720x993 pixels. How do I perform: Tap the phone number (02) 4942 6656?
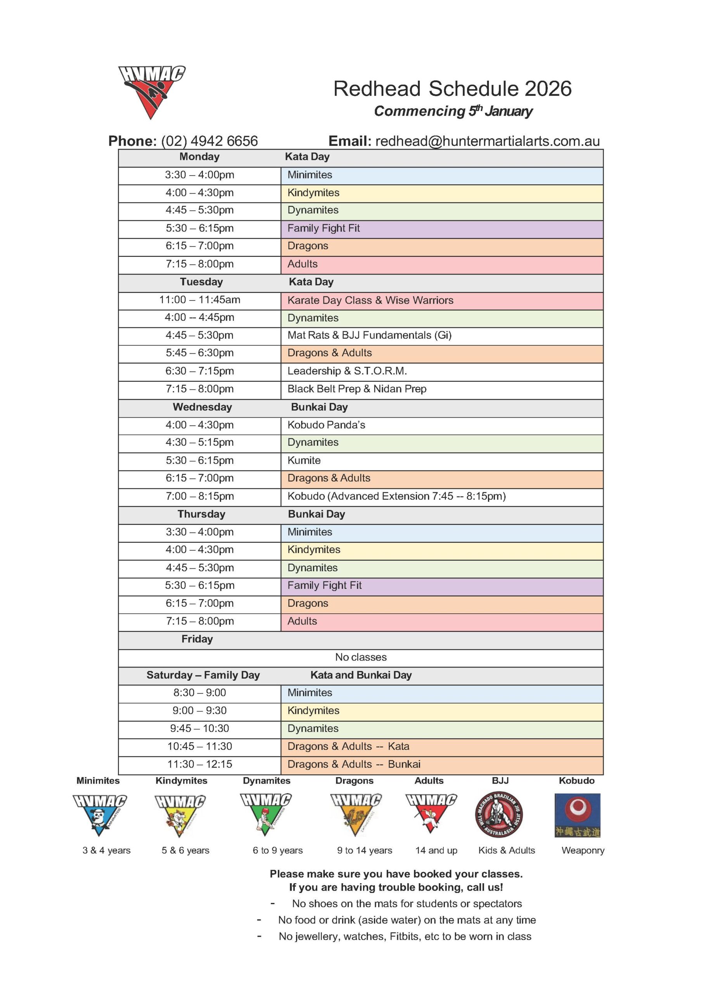tap(209, 141)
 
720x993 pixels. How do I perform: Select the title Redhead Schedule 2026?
tap(452, 89)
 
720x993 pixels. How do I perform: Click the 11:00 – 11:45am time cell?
tap(199, 300)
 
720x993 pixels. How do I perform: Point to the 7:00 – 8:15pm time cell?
tap(199, 496)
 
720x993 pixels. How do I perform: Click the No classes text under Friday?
tap(360, 657)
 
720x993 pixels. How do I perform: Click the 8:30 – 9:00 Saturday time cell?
tap(199, 693)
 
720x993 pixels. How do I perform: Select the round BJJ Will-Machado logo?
tap(499, 815)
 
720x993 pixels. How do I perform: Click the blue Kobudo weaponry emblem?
tap(577, 815)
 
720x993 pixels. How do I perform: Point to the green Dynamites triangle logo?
tap(265, 814)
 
